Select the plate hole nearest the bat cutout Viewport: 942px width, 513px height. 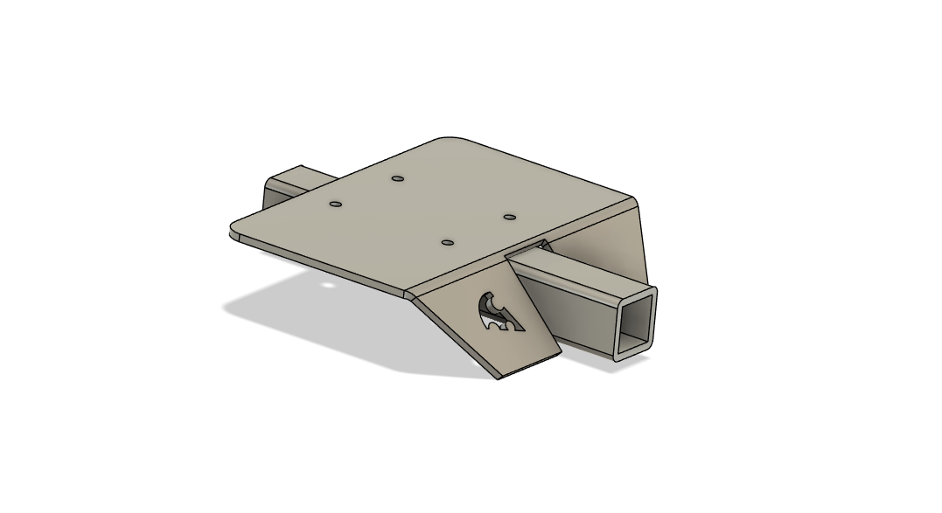point(447,241)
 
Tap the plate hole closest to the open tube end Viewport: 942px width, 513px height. point(510,216)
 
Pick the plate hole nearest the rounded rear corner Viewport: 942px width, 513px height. point(398,178)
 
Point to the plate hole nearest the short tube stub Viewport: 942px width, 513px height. point(335,205)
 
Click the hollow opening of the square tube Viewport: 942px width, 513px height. point(635,320)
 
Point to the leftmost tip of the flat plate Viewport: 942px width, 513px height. point(232,230)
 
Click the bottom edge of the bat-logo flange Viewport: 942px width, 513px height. point(529,365)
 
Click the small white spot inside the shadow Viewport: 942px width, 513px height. point(328,284)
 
